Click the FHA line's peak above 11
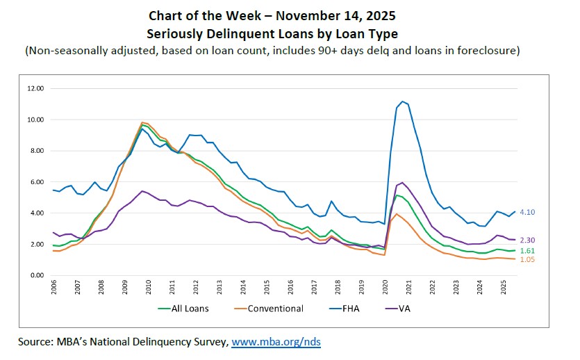coord(402,101)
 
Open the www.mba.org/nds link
coord(276,342)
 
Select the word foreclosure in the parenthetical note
coord(487,50)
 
